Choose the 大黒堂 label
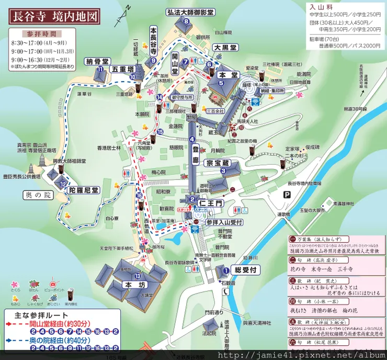coord(225,48)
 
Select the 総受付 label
coord(245,271)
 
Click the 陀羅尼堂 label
coord(84,190)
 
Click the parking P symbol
coord(286,195)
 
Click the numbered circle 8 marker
coord(186,21)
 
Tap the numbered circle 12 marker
coord(63,184)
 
